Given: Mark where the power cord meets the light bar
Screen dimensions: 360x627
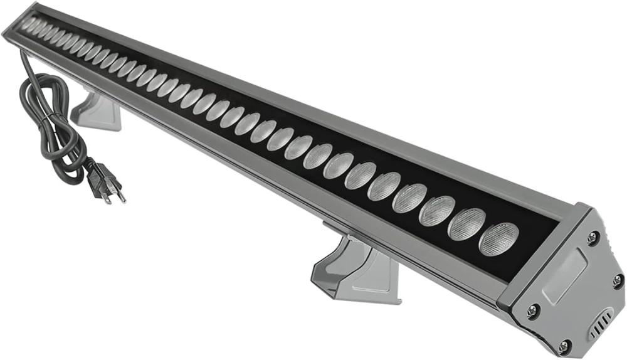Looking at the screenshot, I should [x=23, y=54].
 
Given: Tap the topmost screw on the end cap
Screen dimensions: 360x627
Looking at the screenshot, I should [x=593, y=237].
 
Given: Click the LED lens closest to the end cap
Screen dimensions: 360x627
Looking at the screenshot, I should [x=499, y=239].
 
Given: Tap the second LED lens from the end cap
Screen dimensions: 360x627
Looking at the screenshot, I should [x=466, y=225].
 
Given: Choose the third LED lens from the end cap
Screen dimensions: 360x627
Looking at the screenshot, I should [x=437, y=211].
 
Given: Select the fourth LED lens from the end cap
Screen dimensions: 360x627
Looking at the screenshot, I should [x=409, y=198].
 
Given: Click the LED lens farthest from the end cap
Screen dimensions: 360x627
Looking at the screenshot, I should [x=28, y=23].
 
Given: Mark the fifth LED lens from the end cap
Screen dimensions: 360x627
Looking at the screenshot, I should [x=384, y=186].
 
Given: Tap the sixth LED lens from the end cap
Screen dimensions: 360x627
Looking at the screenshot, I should [x=361, y=176].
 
